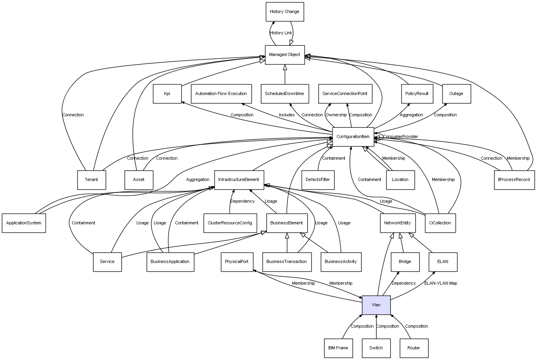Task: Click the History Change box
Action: point(284,12)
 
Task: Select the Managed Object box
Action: point(284,55)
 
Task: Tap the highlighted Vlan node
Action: point(376,305)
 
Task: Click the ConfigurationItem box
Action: point(353,137)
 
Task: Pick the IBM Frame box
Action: point(338,348)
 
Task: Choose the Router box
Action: point(414,348)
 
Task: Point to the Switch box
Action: point(376,348)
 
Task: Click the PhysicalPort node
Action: point(237,262)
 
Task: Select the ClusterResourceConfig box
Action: point(230,223)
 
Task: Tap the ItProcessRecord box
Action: point(514,180)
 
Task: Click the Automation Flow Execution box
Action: point(221,94)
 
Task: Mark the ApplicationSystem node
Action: point(24,223)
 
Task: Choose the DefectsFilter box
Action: point(318,180)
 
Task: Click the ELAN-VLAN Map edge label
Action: point(440,284)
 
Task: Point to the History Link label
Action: point(281,33)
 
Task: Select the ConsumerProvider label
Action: point(401,137)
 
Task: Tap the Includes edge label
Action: point(287,115)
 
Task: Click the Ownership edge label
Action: point(336,115)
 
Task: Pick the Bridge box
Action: point(405,262)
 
